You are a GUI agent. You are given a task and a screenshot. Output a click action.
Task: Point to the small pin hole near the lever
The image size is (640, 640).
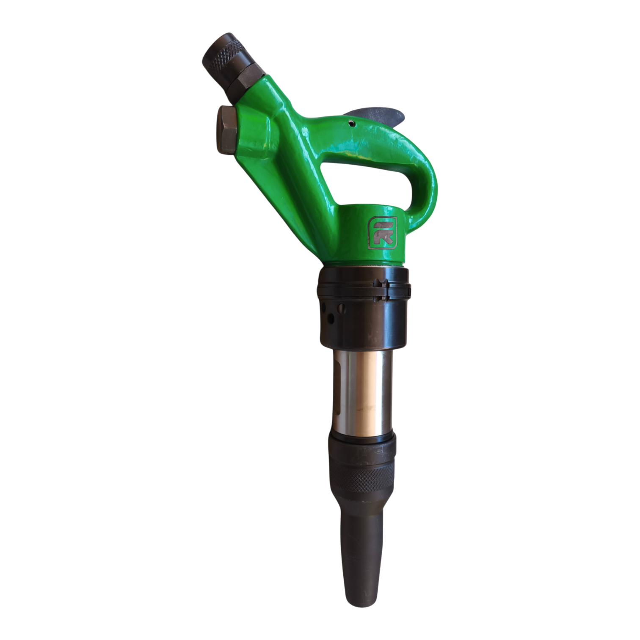[351, 123]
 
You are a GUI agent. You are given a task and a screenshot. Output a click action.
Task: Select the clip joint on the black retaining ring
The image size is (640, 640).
[383, 290]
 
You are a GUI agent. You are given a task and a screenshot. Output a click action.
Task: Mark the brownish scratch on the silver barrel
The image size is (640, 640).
[366, 409]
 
